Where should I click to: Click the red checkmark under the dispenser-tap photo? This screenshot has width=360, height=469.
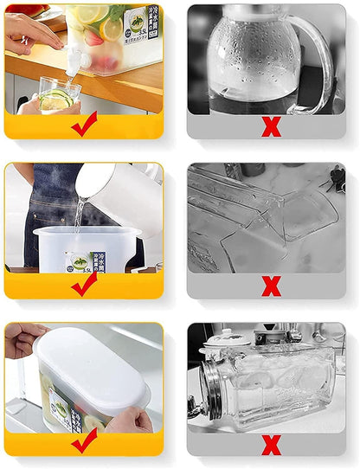coord(84,126)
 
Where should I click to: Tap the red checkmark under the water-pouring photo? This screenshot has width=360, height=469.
coord(84,285)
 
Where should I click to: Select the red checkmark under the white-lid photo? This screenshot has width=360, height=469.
coord(84,442)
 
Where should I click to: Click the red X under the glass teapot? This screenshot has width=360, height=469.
coord(271,127)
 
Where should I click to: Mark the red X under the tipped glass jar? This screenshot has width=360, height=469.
coord(271,444)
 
